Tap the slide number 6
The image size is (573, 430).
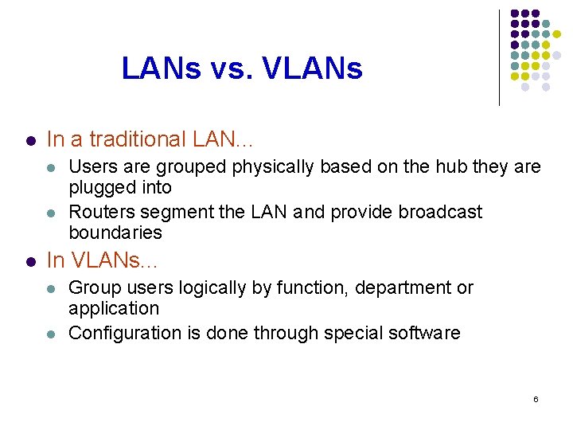[x=536, y=398]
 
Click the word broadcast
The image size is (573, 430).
[x=440, y=212]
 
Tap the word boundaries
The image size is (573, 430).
[x=115, y=233]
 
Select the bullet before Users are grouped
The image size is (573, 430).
[x=51, y=168]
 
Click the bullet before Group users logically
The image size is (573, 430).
[x=51, y=288]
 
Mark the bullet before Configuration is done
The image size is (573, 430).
[x=51, y=334]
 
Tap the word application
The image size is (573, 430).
[x=114, y=308]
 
